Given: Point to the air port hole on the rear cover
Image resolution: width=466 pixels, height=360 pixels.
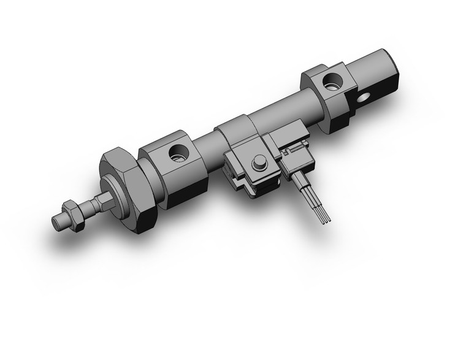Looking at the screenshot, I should [334, 80].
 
